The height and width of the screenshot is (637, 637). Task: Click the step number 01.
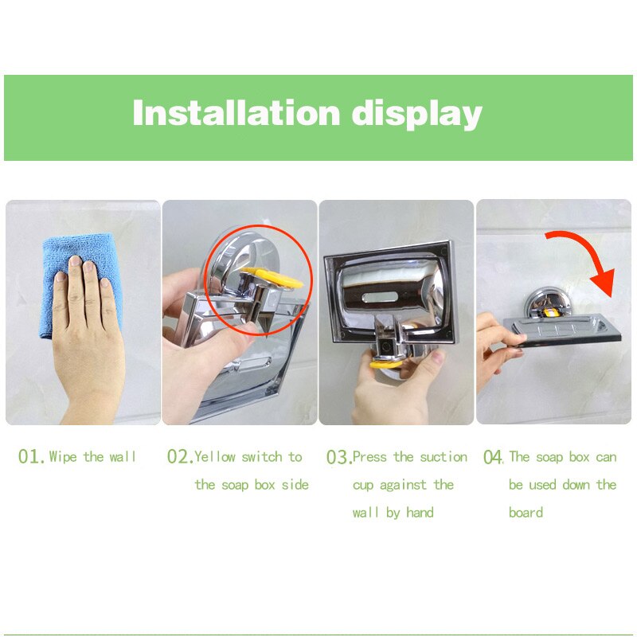coord(32,457)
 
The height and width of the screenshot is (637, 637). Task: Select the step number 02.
coord(179,457)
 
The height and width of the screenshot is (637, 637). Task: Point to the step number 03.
coord(338,457)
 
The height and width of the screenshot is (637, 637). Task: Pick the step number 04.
coord(493,457)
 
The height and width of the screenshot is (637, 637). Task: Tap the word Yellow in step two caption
coord(216,456)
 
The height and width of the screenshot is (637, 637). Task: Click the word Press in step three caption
coord(370,456)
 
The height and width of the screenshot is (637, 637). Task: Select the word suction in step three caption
coord(443,456)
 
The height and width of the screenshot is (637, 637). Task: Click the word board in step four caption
coord(526,512)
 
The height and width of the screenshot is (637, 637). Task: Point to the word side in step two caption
coord(295,484)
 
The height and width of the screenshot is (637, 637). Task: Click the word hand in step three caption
coord(420,512)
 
